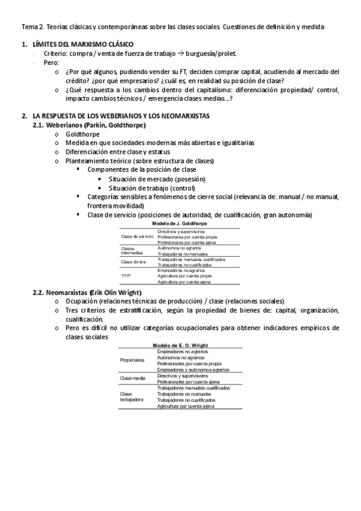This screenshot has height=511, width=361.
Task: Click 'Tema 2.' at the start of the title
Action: click(32, 27)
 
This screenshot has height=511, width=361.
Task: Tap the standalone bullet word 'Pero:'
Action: click(52, 62)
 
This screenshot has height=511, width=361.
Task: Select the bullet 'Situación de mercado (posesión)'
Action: click(157, 179)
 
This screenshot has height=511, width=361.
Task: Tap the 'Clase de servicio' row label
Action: click(134, 236)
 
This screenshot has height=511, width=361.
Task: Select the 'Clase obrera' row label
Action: click(133, 262)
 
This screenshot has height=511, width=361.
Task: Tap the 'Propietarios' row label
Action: click(133, 360)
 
